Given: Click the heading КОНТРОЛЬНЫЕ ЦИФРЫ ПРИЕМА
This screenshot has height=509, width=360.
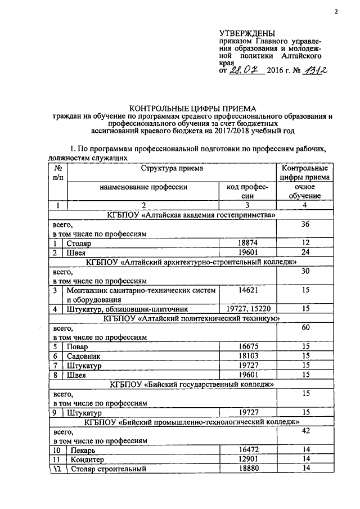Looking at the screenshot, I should [192, 108].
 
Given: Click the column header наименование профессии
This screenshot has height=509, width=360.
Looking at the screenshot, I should [143, 186].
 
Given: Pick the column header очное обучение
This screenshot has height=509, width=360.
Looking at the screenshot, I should [305, 191].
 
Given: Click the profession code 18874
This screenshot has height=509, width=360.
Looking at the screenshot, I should [247, 244].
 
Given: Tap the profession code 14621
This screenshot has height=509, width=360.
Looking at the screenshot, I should [247, 290].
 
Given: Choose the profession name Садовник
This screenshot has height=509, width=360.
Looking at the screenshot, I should [82, 356].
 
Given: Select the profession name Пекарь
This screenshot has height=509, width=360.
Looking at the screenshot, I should [79, 451].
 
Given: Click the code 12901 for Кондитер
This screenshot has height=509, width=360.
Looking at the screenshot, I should [247, 460].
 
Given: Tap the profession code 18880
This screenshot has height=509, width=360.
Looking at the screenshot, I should [247, 469].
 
